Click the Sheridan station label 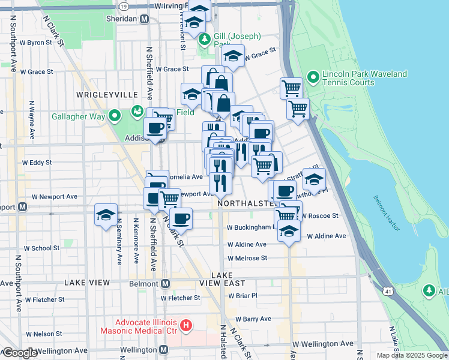coord(122,19)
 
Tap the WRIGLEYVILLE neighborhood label coord(107,95)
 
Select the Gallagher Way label coord(78,116)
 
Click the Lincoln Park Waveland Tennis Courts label coord(365,78)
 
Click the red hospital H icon coord(186,326)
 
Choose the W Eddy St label coord(37,162)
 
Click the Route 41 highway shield coord(390,291)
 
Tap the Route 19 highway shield coord(124,5)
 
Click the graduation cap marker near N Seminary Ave coord(106,215)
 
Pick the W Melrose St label coord(247,258)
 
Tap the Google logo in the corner coord(20,353)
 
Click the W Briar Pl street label coord(243,295)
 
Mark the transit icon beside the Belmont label coord(164,283)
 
